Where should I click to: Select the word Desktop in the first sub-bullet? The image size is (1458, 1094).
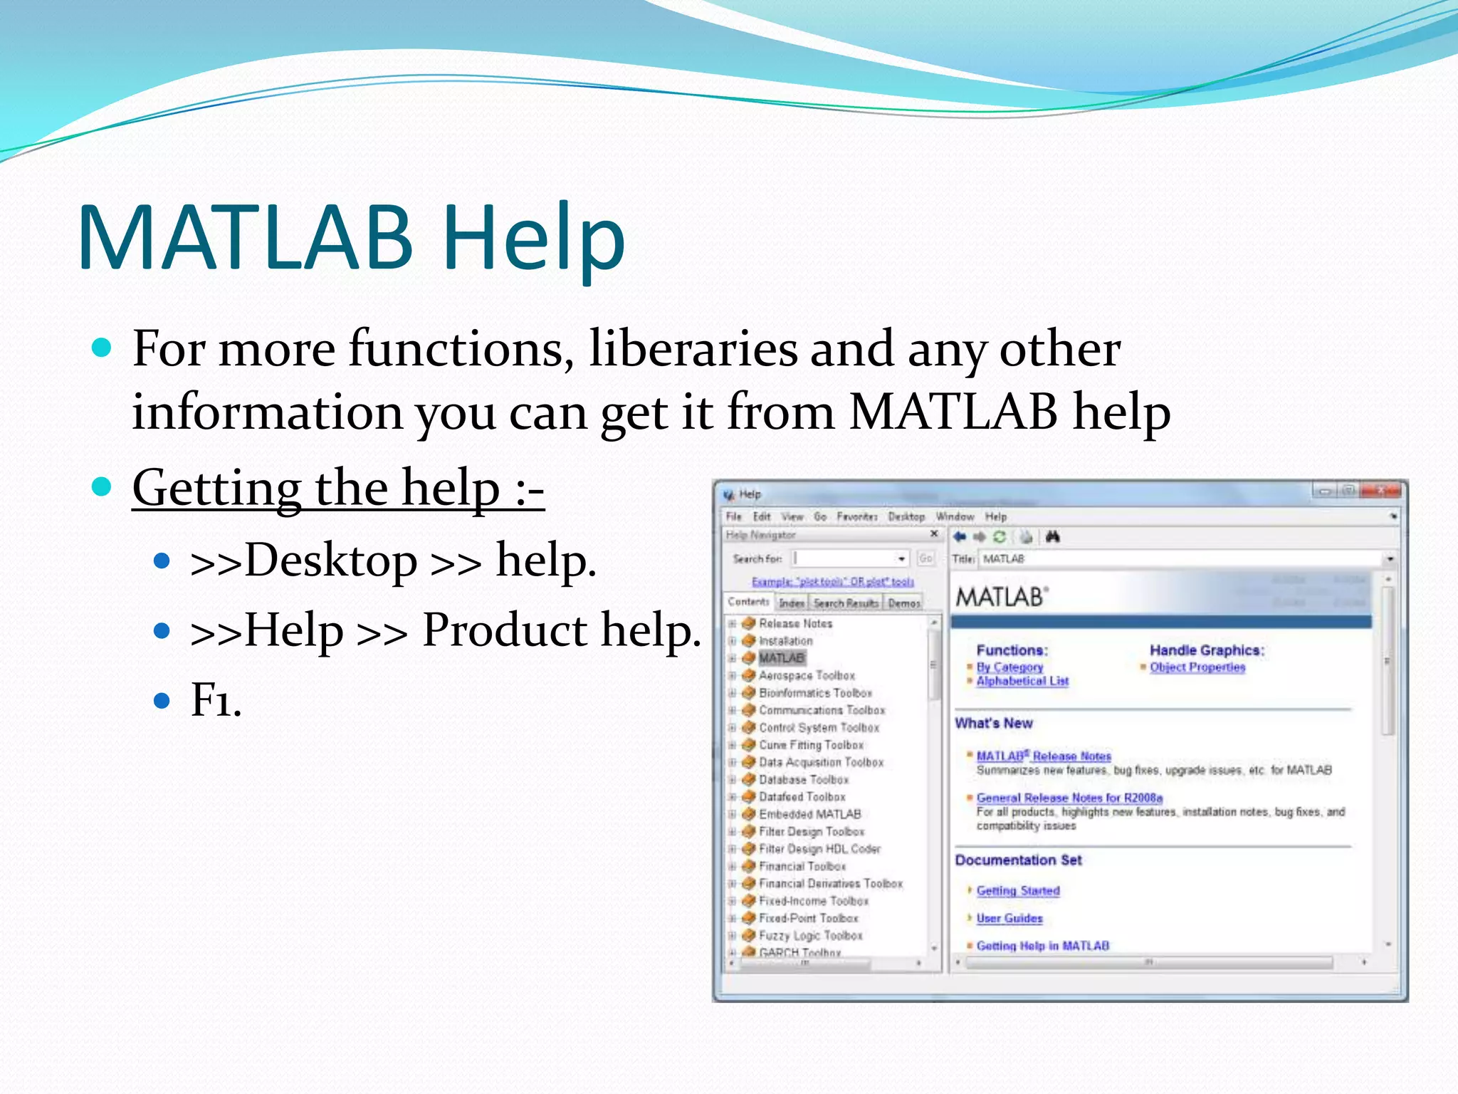coord(330,561)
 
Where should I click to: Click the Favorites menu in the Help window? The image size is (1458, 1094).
coord(856,516)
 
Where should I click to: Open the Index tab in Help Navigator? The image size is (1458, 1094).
coord(791,603)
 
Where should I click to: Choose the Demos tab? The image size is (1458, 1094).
coord(904,603)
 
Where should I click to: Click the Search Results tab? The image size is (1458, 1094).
coord(846,603)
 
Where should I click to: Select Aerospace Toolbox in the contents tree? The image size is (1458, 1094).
coord(806,675)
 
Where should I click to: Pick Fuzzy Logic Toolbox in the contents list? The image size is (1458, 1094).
coord(810,936)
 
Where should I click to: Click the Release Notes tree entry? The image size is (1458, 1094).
coord(795,623)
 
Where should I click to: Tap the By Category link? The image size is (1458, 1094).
coord(1009,667)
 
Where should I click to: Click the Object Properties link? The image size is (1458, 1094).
coord(1197,667)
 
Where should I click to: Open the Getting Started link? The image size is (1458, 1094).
coord(1018,891)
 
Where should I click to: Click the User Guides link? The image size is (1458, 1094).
coord(1009,919)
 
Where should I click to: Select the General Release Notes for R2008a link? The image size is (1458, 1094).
coord(1069,798)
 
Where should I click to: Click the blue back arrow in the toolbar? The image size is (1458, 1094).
coord(960,537)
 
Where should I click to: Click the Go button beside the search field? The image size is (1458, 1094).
coord(925,559)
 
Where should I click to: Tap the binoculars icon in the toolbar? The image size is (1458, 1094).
coord(1053,537)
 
